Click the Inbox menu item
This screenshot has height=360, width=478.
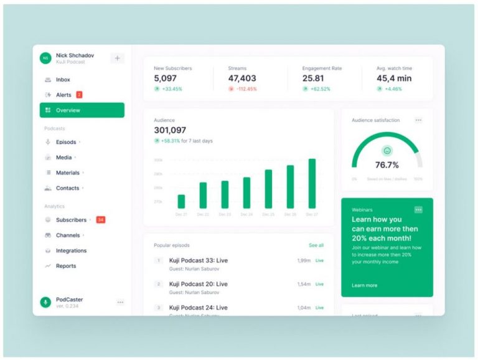[x=63, y=80]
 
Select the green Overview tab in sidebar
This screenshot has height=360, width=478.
[x=82, y=110]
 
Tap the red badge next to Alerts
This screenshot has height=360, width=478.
[x=79, y=95]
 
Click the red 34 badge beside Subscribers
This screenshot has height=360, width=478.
[x=100, y=220]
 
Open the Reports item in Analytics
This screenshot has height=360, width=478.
[x=65, y=266]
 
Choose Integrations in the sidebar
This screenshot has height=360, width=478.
[x=71, y=250]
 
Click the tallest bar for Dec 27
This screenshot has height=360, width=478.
[x=312, y=183]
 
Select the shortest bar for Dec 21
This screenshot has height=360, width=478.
[x=181, y=201]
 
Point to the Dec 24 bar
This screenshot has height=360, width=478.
[x=246, y=192]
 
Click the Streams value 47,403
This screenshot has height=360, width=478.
[x=242, y=78]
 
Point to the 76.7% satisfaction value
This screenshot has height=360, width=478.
[x=387, y=165]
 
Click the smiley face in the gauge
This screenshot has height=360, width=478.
[x=387, y=151]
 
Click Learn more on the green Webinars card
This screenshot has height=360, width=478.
[x=364, y=285]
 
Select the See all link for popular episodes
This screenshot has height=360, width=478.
[x=316, y=245]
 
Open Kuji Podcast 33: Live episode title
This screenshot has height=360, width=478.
[x=199, y=260]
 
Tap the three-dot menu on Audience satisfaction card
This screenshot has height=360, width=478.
[x=418, y=120]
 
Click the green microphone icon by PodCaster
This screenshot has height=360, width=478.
[x=45, y=302]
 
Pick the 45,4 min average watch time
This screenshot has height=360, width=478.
[x=394, y=78]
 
